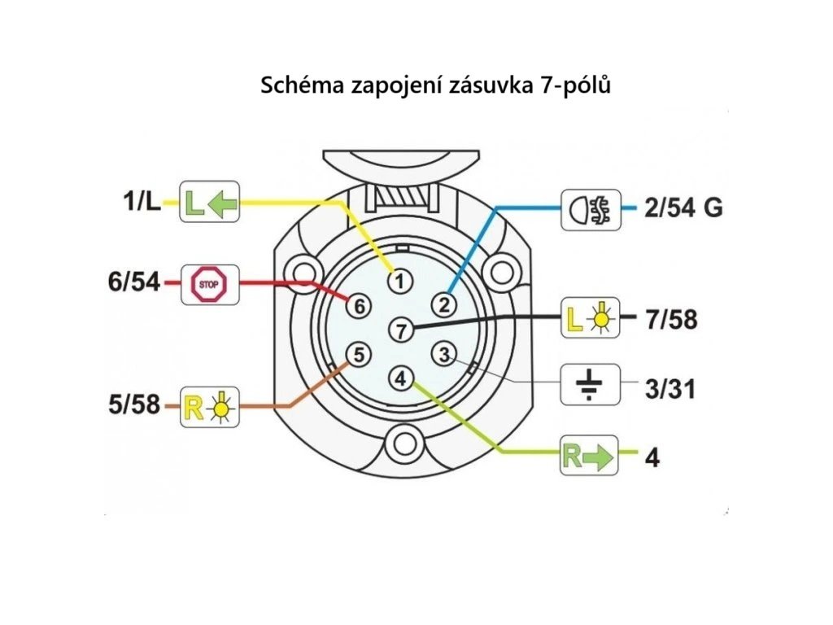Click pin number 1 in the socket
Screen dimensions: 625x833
click(399, 282)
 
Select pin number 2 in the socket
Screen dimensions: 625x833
click(443, 305)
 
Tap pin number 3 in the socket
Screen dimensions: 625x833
click(443, 355)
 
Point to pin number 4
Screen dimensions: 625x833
click(400, 378)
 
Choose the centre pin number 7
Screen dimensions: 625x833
click(399, 330)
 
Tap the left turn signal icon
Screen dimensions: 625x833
click(209, 202)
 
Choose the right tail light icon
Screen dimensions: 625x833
click(209, 404)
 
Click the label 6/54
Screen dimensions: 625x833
click(135, 283)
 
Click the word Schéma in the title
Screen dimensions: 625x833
click(302, 85)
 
